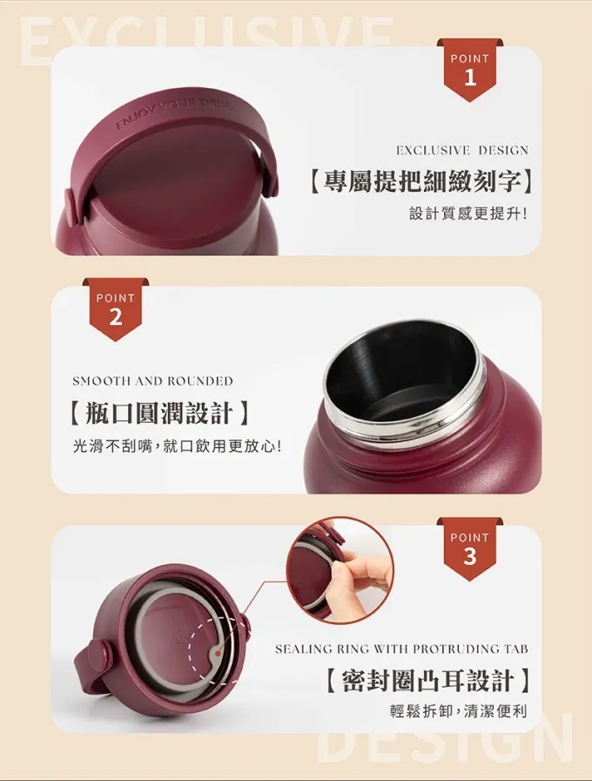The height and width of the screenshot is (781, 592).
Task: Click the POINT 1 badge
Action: (469, 70)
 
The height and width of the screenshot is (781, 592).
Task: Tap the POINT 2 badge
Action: (116, 309)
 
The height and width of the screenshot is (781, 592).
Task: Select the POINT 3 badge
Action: (469, 549)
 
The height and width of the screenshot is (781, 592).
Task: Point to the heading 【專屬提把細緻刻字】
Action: (420, 182)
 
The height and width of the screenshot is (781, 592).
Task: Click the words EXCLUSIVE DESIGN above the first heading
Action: (462, 150)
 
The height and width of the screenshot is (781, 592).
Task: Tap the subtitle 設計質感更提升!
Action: (468, 214)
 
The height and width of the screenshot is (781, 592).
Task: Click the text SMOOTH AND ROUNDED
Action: (152, 381)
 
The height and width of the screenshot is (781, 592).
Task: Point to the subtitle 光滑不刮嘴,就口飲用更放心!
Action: (178, 445)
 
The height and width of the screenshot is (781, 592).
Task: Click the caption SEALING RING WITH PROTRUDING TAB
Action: (401, 649)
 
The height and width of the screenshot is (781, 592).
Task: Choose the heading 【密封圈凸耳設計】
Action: (427, 681)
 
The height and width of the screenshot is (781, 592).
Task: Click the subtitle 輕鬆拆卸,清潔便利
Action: (458, 711)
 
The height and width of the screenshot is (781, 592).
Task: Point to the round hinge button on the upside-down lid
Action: (98, 654)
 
